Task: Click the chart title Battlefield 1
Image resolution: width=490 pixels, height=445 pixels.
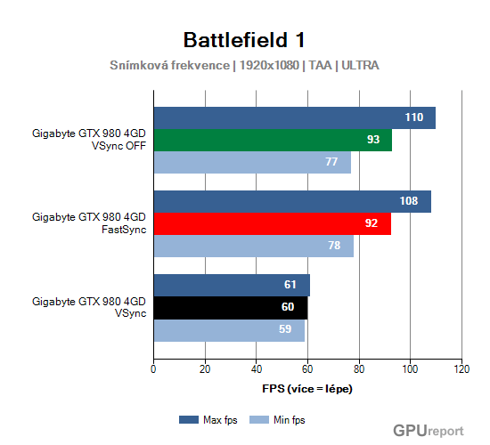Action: coord(244,40)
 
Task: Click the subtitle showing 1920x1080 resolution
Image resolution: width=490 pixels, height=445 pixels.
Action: coord(244,66)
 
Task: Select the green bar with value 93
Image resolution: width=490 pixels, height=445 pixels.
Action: coord(273,140)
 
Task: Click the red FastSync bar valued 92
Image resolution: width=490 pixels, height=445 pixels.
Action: coord(272,224)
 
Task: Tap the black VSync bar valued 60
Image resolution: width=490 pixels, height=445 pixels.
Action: coord(231,308)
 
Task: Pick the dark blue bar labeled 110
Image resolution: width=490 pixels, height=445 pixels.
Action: coord(294,117)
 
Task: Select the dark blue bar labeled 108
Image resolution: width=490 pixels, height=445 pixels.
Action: coord(292,201)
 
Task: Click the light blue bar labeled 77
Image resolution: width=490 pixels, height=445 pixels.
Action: coord(252,162)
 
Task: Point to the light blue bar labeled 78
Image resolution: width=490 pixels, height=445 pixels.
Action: coord(253,247)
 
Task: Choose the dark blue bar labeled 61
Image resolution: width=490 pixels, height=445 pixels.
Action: coord(232,285)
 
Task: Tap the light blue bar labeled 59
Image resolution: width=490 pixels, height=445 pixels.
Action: coord(229,330)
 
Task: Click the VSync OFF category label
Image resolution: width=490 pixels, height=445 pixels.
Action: coord(88,140)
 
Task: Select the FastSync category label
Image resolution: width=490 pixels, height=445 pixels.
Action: coord(88,223)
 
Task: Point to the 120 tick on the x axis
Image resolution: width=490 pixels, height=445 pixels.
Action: coord(461,368)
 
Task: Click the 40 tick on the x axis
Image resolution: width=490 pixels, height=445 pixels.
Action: coord(257,368)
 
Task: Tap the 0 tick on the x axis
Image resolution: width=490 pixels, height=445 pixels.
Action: coord(154,368)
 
